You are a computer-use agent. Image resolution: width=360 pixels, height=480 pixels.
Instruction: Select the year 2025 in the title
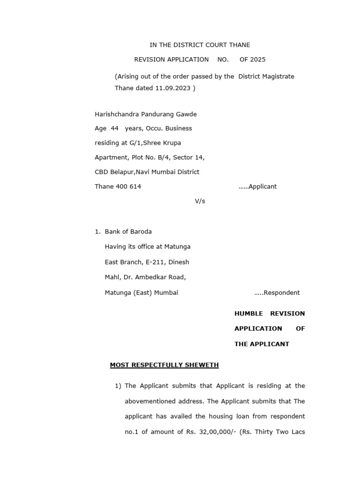[257, 60]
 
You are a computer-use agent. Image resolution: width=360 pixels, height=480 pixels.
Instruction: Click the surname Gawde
[186, 114]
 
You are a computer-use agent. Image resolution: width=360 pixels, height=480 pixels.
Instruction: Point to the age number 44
[114, 128]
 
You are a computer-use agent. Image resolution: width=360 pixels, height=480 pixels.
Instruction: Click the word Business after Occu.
[177, 128]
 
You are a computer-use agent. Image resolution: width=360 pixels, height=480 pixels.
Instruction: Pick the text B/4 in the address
[172, 157]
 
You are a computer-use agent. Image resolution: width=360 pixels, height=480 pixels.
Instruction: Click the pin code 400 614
[127, 187]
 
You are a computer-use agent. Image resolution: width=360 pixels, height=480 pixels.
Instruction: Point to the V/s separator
[200, 201]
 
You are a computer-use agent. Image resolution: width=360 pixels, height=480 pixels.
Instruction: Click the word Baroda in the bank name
[141, 232]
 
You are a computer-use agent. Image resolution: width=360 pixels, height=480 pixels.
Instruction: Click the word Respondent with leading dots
[277, 293]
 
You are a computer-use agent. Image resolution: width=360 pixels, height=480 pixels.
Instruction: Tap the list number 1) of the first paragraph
[118, 386]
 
